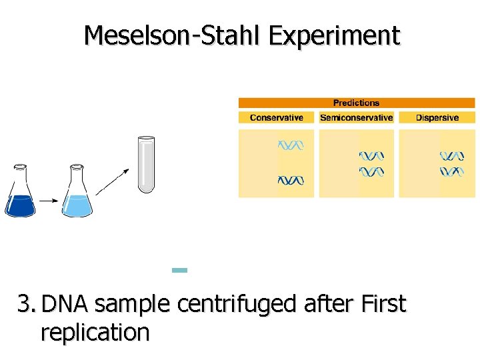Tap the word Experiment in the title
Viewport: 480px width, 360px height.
(x=334, y=36)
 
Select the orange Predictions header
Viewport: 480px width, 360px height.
(x=356, y=103)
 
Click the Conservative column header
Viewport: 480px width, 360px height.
(x=276, y=118)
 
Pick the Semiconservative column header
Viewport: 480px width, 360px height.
(x=356, y=118)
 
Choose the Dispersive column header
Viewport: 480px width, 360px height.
(x=437, y=118)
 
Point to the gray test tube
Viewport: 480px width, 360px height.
(x=145, y=164)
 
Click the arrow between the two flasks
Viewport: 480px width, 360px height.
(x=49, y=199)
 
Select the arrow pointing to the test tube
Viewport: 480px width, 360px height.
(x=114, y=180)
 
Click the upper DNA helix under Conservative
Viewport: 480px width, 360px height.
(x=291, y=145)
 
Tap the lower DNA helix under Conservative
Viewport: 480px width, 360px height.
(x=291, y=180)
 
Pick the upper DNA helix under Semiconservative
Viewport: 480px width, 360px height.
(x=371, y=157)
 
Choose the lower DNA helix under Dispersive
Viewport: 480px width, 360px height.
(x=451, y=172)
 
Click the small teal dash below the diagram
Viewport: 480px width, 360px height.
(x=179, y=270)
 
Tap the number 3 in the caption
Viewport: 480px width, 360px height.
(x=24, y=305)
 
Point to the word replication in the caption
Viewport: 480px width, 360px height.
(x=95, y=331)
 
